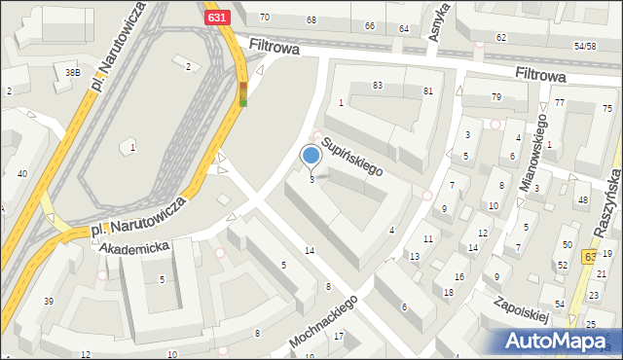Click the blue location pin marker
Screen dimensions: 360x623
tap(311, 156)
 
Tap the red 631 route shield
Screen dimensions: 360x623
tap(218, 17)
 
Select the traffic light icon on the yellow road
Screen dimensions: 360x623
tap(243, 93)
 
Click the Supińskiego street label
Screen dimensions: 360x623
tap(351, 155)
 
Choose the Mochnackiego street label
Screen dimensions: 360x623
tap(324, 323)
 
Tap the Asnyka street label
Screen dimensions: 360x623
tap(439, 20)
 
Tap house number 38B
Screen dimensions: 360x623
tap(72, 72)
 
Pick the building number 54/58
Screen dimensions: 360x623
tap(584, 46)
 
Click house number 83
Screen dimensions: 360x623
tap(378, 86)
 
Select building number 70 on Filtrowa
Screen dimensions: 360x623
tap(264, 18)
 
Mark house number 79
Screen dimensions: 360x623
tap(495, 96)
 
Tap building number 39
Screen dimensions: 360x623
tap(48, 301)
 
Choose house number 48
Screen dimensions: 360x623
tap(582, 200)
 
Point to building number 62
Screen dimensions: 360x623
tap(500, 37)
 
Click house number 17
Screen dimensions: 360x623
tap(339, 337)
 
